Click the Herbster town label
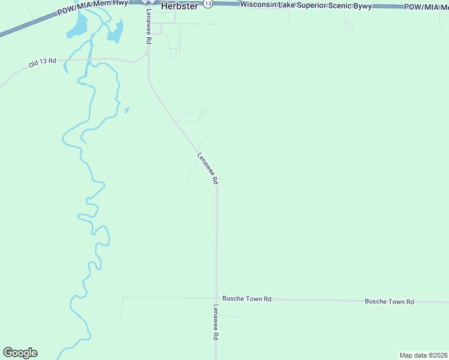pyautogui.click(x=179, y=5)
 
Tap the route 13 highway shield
pyautogui.click(x=208, y=4)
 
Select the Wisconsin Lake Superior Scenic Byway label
pyautogui.click(x=306, y=5)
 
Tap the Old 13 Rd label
pyautogui.click(x=42, y=62)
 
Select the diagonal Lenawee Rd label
pyautogui.click(x=208, y=168)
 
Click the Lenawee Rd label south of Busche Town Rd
pyautogui.click(x=215, y=322)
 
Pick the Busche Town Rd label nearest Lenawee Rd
pyautogui.click(x=247, y=298)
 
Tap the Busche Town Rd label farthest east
pyautogui.click(x=389, y=301)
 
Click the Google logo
pyautogui.click(x=20, y=353)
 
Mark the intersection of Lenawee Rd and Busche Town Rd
pyautogui.click(x=217, y=298)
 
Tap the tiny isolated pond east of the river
pyautogui.click(x=126, y=110)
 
